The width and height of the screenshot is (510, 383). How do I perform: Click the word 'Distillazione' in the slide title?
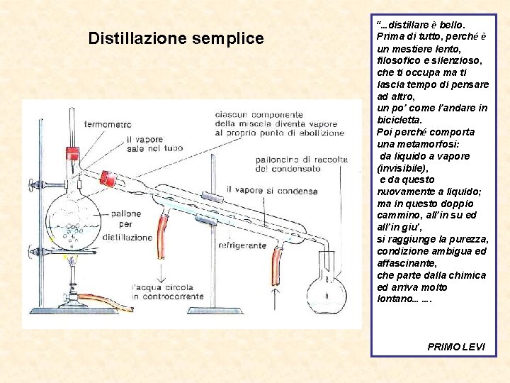coord(137,38)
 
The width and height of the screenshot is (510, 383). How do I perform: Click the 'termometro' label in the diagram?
coord(108,124)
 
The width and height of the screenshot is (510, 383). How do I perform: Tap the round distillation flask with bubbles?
coord(73,219)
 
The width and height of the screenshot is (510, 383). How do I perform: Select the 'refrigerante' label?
coord(242,245)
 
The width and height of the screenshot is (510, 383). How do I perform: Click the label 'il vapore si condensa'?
coord(271,191)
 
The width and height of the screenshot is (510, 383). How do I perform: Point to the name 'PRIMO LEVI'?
coord(456,346)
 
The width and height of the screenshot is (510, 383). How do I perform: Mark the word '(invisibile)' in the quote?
coord(403,168)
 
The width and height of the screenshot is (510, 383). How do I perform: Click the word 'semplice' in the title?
coord(227,38)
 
